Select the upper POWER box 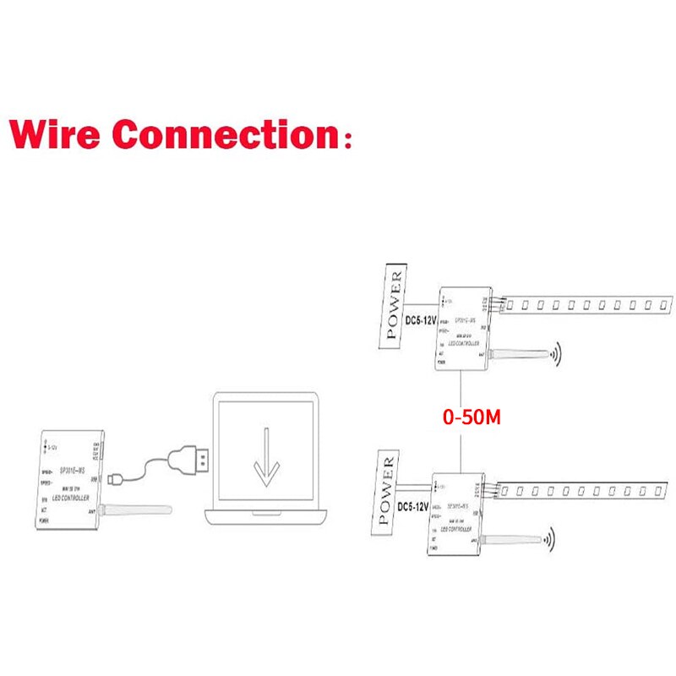pos(394,305)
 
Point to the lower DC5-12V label pos(413,508)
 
